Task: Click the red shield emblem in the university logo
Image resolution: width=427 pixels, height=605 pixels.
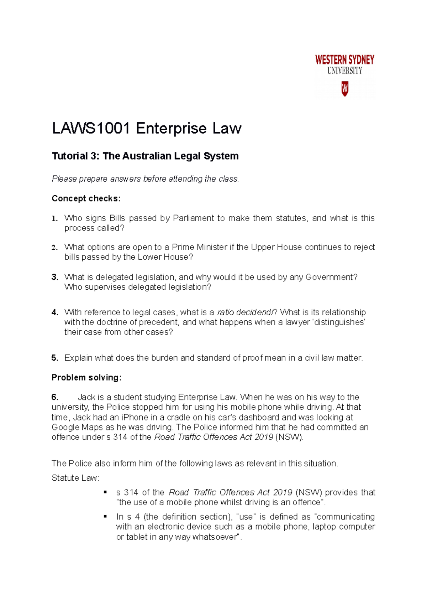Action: click(344, 89)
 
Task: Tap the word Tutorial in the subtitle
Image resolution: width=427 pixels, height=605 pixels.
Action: click(70, 156)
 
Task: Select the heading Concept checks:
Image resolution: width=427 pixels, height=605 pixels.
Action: click(86, 198)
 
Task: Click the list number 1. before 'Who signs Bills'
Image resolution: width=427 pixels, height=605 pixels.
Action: click(54, 218)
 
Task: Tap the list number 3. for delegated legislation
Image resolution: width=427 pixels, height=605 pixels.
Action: click(54, 277)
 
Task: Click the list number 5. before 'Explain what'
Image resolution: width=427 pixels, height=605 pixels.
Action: click(54, 358)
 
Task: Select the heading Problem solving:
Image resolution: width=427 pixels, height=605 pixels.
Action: click(86, 378)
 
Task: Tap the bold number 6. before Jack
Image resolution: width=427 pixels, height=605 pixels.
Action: click(55, 397)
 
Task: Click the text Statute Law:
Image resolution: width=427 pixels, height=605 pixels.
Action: click(75, 478)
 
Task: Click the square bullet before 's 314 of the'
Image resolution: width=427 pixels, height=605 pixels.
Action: click(105, 492)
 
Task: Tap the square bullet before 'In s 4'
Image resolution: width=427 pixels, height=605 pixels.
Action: click(105, 516)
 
